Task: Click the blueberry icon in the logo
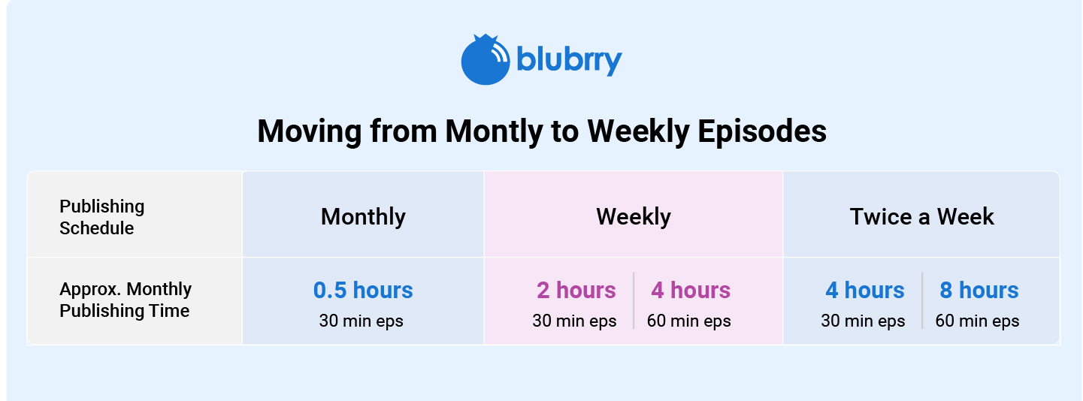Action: point(486,59)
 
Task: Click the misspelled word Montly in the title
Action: point(493,131)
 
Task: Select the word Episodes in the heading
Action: point(762,131)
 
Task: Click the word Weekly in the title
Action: point(638,131)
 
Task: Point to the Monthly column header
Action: point(363,216)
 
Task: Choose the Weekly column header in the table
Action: point(634,216)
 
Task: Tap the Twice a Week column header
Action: point(921,216)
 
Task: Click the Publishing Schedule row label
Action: point(101,217)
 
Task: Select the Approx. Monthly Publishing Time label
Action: point(126,300)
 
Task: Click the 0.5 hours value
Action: point(363,290)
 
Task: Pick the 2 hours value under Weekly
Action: point(576,290)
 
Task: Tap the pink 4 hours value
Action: point(691,290)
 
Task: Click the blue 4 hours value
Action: point(864,290)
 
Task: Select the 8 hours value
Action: point(979,290)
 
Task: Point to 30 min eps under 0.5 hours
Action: point(362,321)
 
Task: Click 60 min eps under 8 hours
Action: point(977,321)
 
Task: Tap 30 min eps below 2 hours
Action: point(574,321)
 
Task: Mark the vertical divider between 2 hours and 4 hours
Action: point(634,300)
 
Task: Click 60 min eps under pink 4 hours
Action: point(689,321)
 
